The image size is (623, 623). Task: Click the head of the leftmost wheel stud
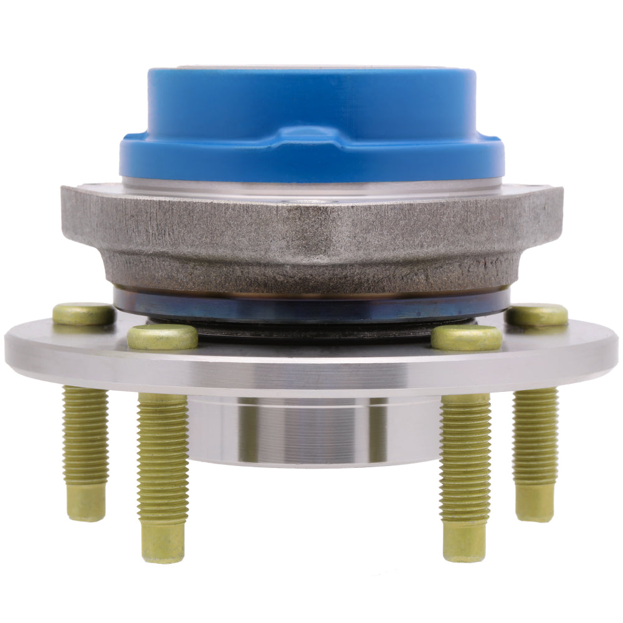83,314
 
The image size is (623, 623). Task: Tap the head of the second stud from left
163,337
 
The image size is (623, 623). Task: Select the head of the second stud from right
467,337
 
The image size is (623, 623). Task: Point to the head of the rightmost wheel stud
536,315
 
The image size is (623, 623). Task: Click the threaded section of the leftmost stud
85,436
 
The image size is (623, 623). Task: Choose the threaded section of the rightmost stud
535,436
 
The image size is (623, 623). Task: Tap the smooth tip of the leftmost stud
86,502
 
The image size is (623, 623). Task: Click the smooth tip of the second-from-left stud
163,542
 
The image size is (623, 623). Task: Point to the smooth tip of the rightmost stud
535,502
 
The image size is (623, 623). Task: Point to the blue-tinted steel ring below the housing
311,305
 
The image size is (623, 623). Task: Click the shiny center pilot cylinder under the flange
311,430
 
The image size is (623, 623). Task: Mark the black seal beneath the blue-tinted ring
311,330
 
